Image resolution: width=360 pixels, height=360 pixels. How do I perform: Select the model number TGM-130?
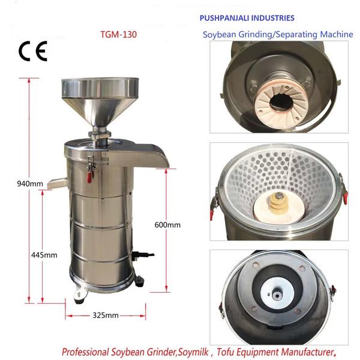[x=119, y=34]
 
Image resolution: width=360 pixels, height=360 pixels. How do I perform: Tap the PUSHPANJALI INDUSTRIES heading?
[x=247, y=19]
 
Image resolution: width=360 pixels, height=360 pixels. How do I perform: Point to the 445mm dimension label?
[x=44, y=254]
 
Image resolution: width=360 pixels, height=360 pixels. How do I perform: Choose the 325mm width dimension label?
[x=106, y=314]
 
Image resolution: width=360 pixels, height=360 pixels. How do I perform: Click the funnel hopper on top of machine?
[x=100, y=96]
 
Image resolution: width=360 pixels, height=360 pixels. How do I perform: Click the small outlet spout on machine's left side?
[x=58, y=181]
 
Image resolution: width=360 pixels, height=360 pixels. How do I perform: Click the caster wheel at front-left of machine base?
[x=78, y=294]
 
